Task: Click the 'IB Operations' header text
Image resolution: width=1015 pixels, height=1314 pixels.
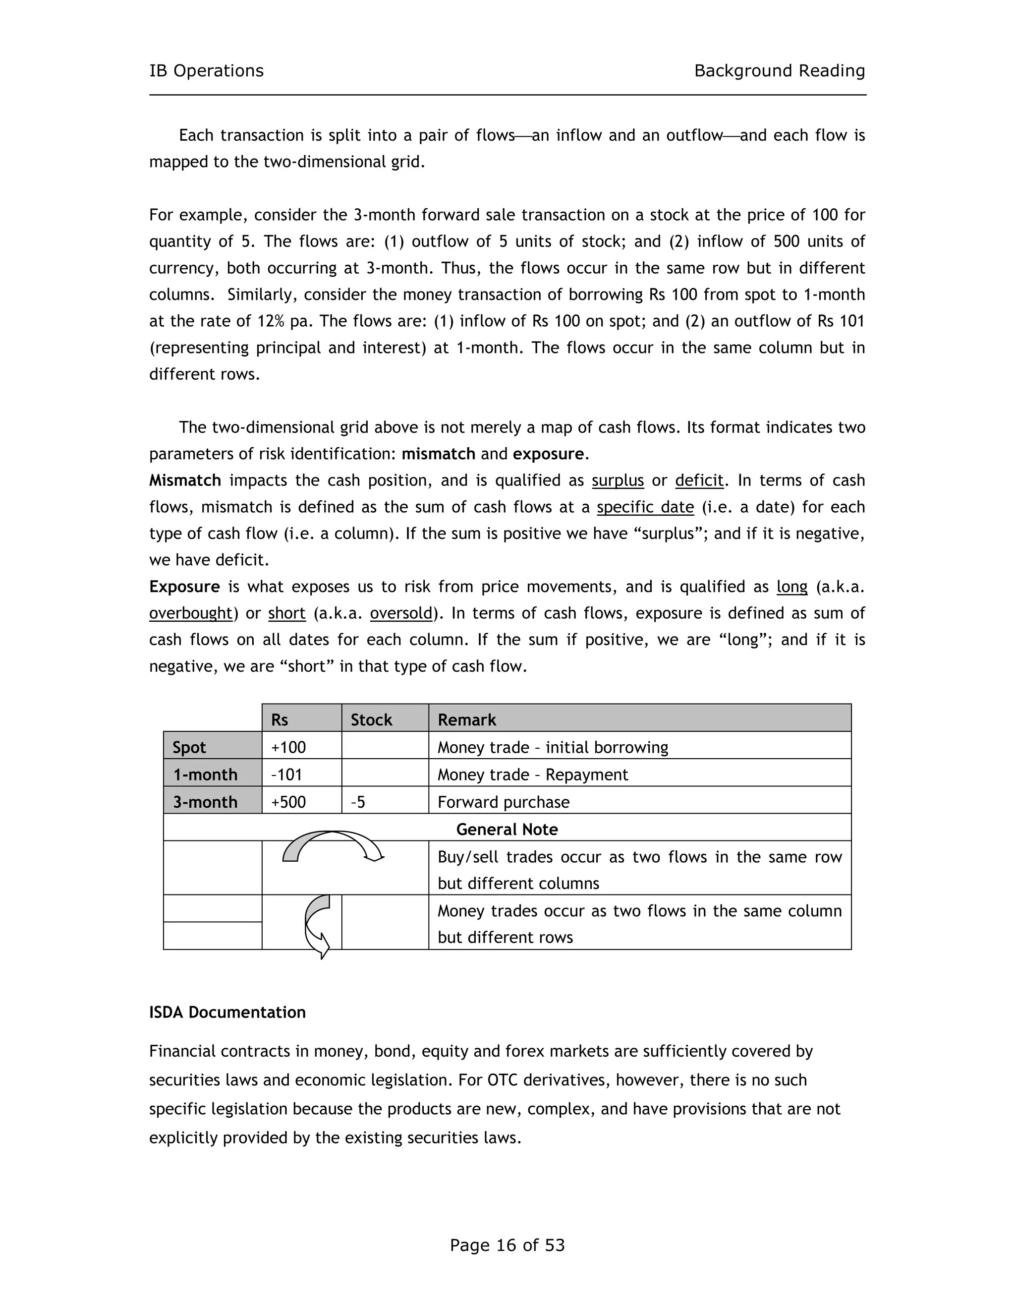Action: (x=206, y=71)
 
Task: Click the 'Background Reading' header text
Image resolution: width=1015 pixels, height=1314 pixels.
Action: (x=779, y=71)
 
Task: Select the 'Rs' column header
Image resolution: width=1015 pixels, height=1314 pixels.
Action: (x=280, y=719)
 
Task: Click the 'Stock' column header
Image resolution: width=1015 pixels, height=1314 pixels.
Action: (x=371, y=719)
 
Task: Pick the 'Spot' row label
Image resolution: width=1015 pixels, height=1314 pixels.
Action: (x=189, y=747)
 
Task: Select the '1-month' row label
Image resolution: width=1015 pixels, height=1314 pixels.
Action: (x=205, y=775)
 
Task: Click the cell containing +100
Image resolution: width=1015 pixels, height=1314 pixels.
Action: (x=288, y=747)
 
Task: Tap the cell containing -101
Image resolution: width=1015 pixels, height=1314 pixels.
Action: (x=286, y=775)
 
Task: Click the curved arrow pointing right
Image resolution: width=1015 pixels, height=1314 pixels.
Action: (x=332, y=845)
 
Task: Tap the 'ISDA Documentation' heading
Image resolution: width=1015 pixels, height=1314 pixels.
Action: (x=227, y=1012)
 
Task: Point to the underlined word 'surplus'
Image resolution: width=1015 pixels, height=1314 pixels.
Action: (x=618, y=480)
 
